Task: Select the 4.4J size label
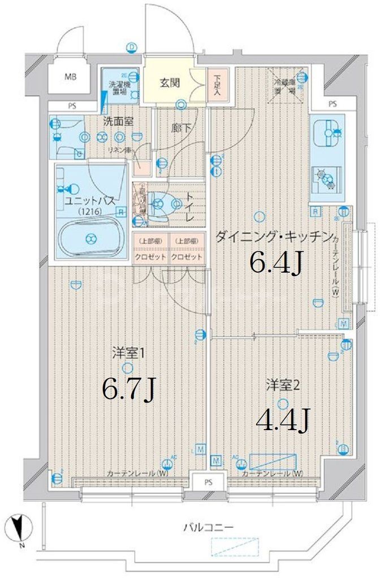(x=282, y=420)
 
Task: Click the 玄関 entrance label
(x=169, y=83)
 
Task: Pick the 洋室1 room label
(x=129, y=354)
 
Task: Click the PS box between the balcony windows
(x=209, y=482)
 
